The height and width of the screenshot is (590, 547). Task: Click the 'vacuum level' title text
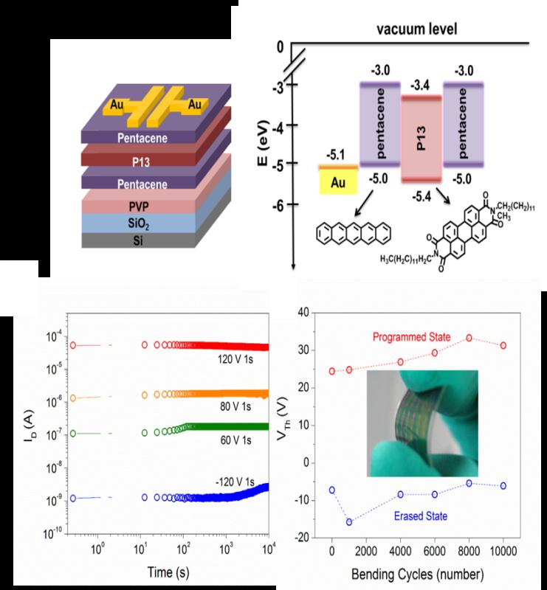point(416,29)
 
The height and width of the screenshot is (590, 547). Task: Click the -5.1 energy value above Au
point(337,156)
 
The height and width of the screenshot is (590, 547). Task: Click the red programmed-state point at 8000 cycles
point(469,338)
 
